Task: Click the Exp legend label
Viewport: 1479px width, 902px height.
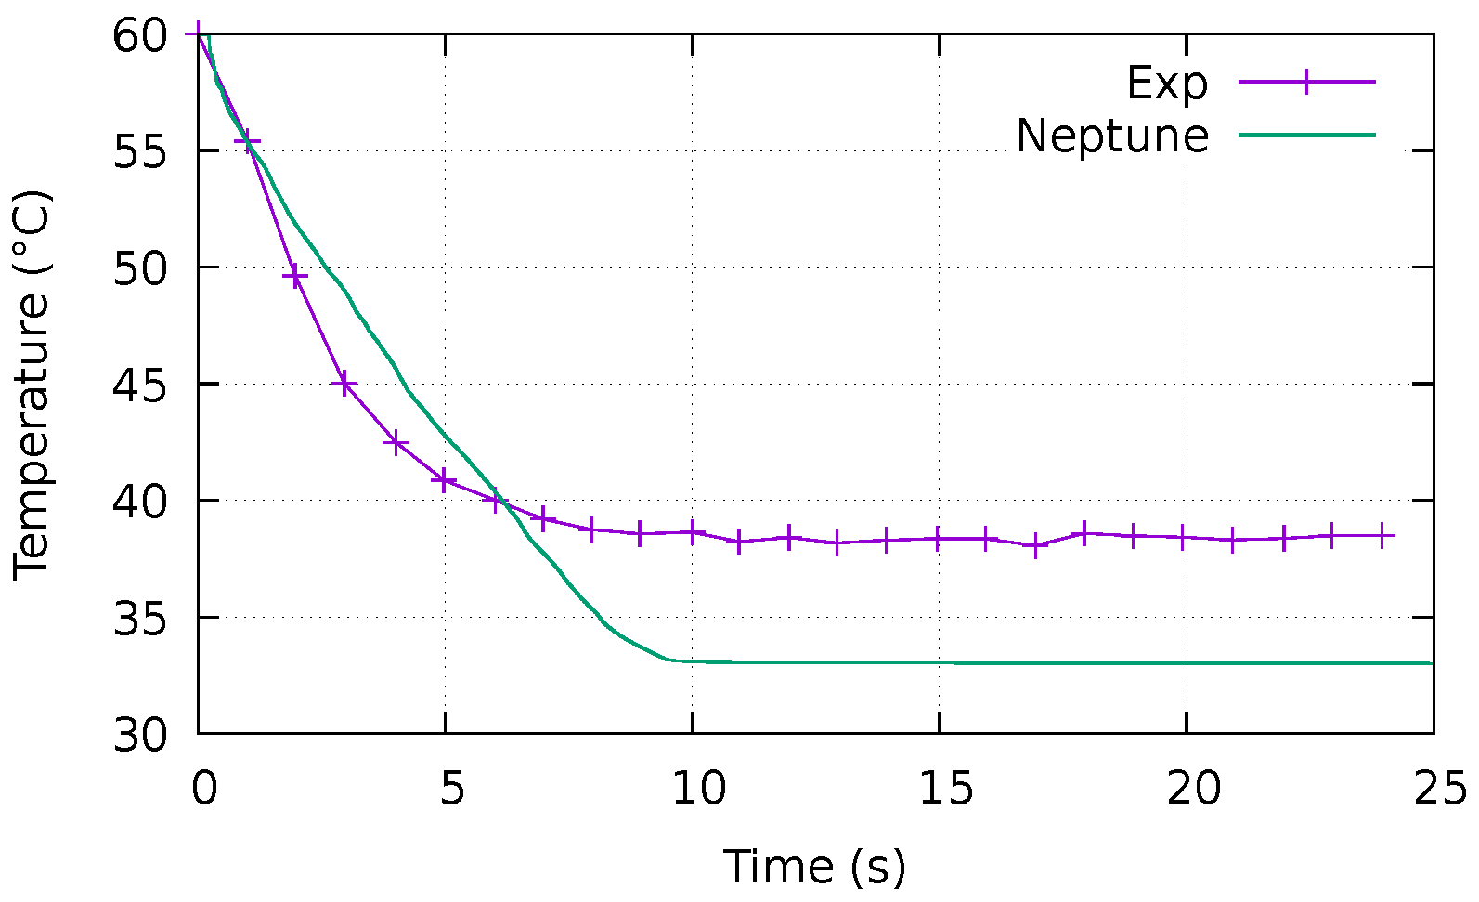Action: pos(1167,84)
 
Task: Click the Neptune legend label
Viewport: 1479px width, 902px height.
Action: pos(1112,136)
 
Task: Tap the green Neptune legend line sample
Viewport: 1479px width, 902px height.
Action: pos(1306,135)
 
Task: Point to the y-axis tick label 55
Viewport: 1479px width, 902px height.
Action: pos(140,151)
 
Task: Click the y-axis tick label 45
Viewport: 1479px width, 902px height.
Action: pos(140,385)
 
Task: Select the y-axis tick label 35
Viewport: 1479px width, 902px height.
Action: pos(140,618)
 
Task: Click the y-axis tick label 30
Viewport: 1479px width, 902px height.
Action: pos(140,735)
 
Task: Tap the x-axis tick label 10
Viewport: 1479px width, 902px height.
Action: pos(692,789)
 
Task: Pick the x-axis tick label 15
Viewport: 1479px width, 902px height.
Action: pos(939,789)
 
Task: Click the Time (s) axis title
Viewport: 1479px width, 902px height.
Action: pos(814,867)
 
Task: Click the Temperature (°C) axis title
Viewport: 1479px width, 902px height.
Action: pos(33,385)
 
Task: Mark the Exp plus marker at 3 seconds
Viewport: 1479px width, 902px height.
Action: pos(345,383)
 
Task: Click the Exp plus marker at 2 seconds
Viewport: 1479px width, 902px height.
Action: pos(295,277)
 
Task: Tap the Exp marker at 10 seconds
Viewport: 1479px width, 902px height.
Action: pos(692,532)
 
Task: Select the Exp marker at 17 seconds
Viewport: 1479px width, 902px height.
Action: pos(1037,545)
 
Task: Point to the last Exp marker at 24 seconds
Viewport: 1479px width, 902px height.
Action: pos(1383,536)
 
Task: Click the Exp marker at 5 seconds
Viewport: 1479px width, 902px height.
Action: pos(445,480)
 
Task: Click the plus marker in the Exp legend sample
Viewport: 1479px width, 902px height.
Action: pos(1306,82)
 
